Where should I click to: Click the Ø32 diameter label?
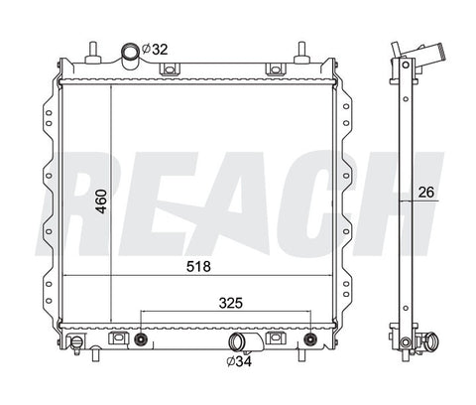[155, 50]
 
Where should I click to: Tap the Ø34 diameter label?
[239, 361]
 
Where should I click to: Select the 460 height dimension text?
[101, 202]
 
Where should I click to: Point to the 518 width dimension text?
[198, 266]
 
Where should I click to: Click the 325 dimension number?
[231, 303]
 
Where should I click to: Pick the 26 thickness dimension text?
[426, 193]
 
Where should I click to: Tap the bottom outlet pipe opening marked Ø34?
[237, 342]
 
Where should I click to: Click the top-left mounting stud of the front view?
[93, 53]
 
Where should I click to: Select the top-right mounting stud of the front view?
[301, 53]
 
